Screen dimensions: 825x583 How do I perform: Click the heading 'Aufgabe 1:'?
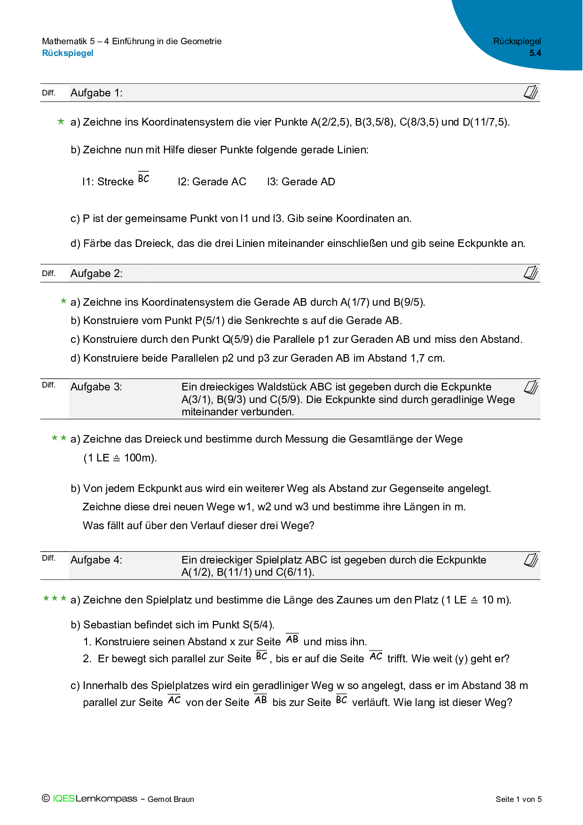(x=96, y=93)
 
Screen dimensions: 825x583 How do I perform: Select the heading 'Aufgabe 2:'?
(x=96, y=274)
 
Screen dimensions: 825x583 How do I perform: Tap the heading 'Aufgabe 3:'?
(x=96, y=387)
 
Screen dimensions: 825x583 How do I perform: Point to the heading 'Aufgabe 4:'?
(x=96, y=560)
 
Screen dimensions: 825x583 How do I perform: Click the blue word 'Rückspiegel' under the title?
(x=68, y=53)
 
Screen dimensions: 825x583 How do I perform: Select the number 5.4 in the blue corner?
(x=535, y=53)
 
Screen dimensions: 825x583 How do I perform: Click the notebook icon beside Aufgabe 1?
(x=531, y=93)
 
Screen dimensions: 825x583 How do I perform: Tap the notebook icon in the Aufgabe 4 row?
(x=531, y=560)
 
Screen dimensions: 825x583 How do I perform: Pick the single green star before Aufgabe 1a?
(x=61, y=122)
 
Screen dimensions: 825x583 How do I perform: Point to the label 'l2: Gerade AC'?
(x=212, y=182)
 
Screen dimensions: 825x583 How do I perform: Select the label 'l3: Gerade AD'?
(x=301, y=182)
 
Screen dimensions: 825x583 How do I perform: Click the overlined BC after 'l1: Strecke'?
(x=143, y=178)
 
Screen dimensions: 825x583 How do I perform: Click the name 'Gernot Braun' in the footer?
(x=171, y=799)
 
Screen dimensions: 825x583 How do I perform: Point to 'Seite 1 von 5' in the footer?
(x=518, y=799)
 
